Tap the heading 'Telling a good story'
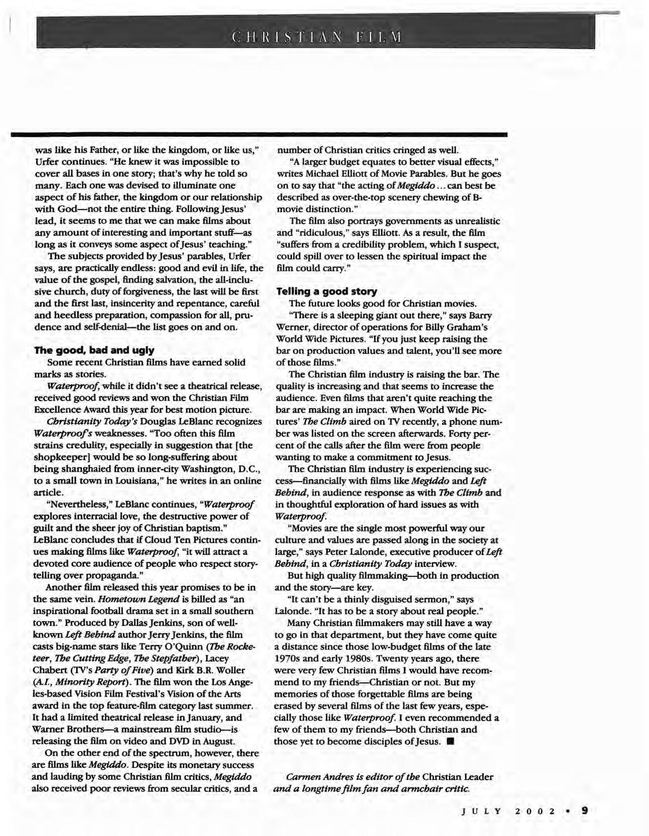pyautogui.click(x=327, y=291)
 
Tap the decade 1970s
pyautogui.click(x=290, y=658)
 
